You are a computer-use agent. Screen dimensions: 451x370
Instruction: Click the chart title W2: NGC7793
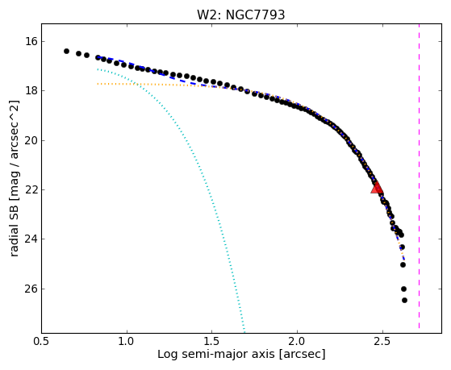point(240,15)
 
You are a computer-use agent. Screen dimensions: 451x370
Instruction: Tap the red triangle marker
point(377,188)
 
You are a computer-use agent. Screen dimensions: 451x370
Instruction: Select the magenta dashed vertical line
point(419,177)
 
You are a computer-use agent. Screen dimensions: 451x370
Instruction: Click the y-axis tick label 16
point(31,41)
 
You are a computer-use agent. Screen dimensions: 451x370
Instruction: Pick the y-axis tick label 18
point(31,91)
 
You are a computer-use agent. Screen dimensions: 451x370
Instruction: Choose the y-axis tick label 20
point(31,140)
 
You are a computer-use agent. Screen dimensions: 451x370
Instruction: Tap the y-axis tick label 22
point(31,189)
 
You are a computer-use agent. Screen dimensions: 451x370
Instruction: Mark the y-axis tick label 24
point(31,239)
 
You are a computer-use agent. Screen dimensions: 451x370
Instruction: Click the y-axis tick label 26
point(31,289)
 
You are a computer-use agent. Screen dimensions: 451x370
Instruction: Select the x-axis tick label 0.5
point(42,341)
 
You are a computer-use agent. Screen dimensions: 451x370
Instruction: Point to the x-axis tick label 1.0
point(127,341)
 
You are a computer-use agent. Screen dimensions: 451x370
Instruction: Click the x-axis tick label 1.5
point(212,341)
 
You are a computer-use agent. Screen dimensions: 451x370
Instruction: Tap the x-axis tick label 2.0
point(298,341)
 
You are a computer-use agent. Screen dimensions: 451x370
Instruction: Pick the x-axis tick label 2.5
point(382,341)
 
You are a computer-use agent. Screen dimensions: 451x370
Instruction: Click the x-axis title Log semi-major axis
point(216,355)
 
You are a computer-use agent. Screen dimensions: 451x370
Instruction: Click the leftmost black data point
point(66,51)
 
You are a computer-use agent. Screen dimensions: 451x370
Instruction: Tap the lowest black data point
point(404,300)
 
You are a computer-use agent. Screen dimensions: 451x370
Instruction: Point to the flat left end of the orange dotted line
point(98,84)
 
